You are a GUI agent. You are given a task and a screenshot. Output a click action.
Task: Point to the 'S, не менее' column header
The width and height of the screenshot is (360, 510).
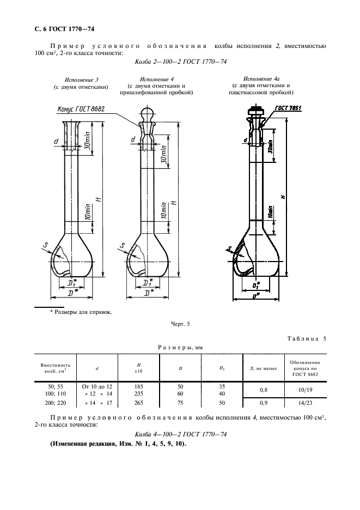[263, 369]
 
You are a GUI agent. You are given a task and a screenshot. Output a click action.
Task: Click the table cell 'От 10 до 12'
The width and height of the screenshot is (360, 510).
[96, 386]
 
